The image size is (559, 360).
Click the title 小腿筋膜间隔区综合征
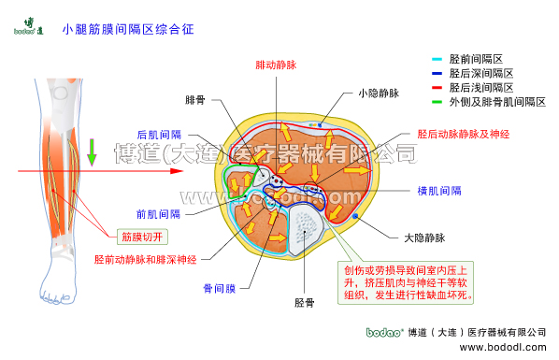pyautogui.click(x=128, y=30)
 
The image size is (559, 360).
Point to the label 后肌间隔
pyautogui.click(x=159, y=135)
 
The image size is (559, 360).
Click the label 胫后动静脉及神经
pyautogui.click(x=463, y=135)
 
